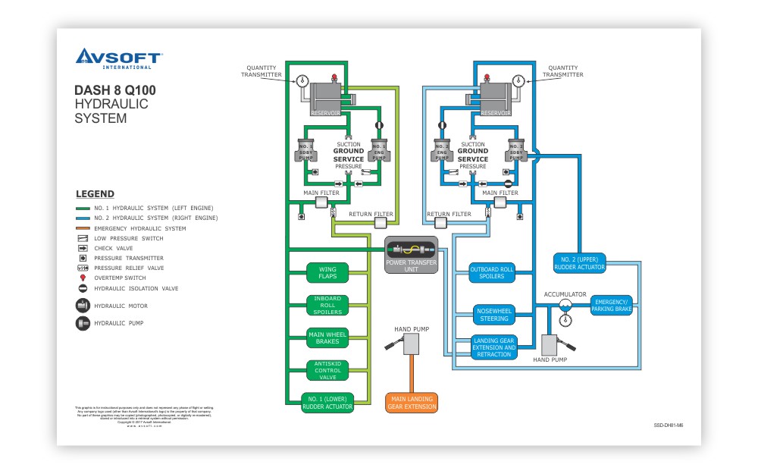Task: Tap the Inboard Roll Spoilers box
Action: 327,305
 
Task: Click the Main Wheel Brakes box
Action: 327,337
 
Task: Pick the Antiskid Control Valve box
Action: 327,369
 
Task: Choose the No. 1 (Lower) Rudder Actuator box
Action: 327,403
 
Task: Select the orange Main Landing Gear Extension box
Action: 412,403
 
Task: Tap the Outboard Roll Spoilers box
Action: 492,273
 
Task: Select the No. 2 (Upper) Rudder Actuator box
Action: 580,262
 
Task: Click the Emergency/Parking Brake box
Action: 611,305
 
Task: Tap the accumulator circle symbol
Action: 565,304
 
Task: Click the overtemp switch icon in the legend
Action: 83,278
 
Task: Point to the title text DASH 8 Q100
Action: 115,90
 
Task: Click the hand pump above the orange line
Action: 412,344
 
